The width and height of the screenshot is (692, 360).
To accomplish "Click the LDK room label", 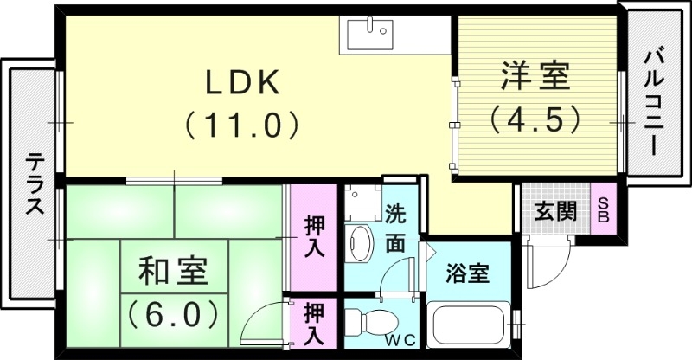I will [241, 82].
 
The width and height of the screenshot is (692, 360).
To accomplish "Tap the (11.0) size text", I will [241, 125].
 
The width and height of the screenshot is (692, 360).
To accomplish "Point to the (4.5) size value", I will [534, 118].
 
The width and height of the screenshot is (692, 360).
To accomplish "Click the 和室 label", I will [173, 271].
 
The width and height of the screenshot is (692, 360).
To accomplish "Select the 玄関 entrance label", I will [554, 211].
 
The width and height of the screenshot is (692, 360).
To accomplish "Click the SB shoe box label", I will [604, 209].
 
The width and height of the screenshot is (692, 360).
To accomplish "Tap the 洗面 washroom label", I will [394, 228].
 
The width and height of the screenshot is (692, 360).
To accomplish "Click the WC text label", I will [399, 338].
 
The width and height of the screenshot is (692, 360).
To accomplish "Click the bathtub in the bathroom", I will [470, 329].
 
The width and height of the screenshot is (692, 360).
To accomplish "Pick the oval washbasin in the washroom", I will [357, 242].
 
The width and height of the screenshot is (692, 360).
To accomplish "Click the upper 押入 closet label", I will [313, 236].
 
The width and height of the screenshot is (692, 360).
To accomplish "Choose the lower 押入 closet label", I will [313, 323].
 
